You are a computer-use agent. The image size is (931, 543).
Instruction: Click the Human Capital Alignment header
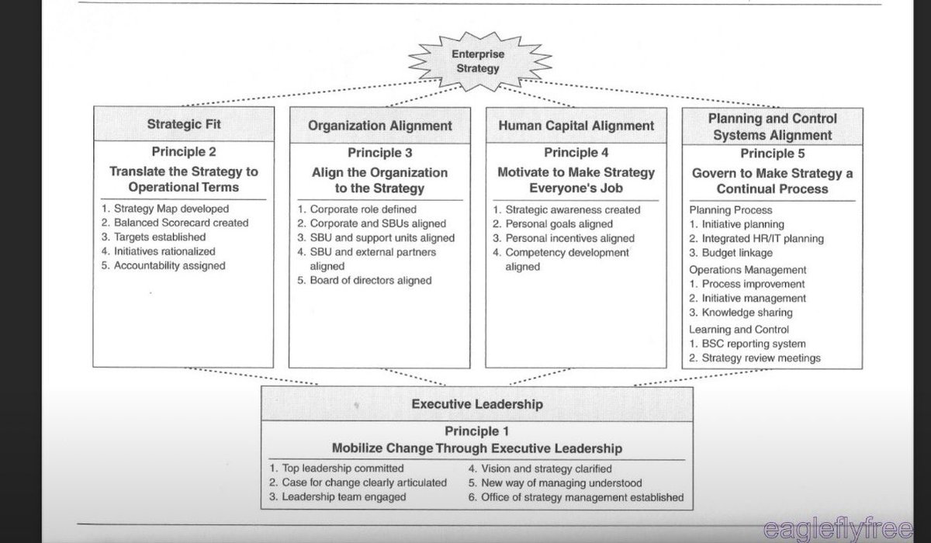point(576,126)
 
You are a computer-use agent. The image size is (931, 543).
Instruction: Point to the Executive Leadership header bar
point(476,403)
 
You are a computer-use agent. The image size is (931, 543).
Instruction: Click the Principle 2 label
point(185,153)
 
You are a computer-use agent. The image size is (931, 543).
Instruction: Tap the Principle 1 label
point(476,431)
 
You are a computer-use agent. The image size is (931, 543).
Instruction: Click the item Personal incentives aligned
point(563,238)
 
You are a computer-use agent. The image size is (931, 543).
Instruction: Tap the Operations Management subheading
point(748,270)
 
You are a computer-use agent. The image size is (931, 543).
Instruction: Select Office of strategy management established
point(576,496)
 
